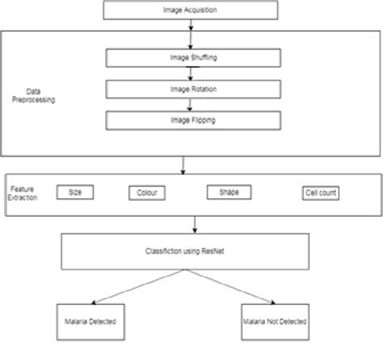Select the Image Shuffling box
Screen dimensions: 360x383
coord(191,58)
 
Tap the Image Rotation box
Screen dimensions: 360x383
coord(191,89)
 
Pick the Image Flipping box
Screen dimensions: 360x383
coord(191,121)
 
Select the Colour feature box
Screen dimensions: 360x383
coord(148,193)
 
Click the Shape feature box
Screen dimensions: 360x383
coord(229,192)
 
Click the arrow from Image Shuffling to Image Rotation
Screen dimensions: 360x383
coord(191,74)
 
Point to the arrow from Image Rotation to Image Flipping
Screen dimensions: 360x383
coord(191,104)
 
